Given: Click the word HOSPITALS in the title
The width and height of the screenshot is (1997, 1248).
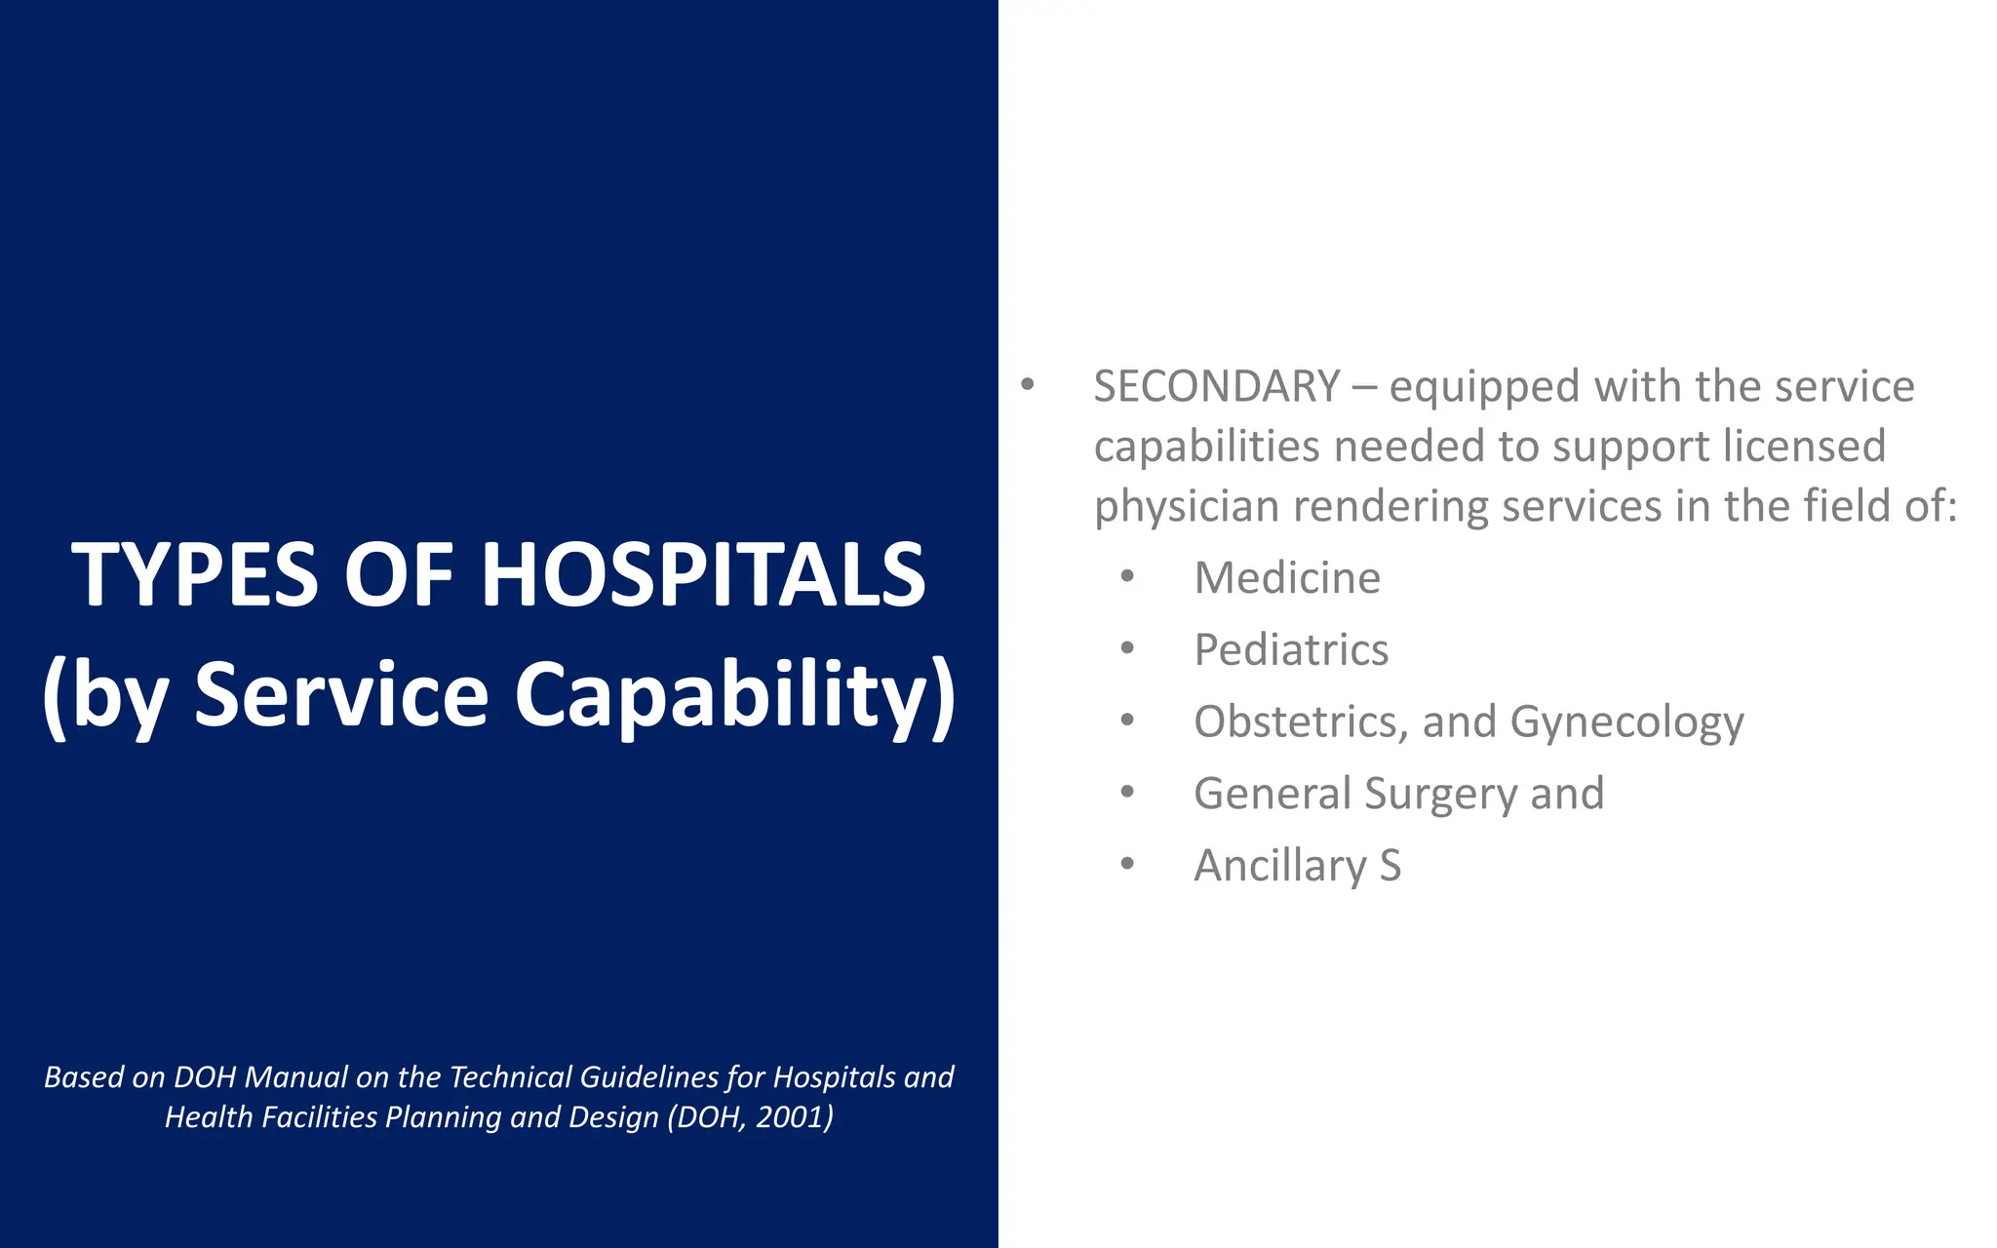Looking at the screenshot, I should pyautogui.click(x=703, y=575).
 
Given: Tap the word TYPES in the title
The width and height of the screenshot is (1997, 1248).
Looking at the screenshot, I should pyautogui.click(x=195, y=575).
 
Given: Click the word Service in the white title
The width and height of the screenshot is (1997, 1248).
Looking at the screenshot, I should pyautogui.click(x=341, y=694).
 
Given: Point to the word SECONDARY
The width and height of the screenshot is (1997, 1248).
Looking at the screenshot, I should pyautogui.click(x=1216, y=387).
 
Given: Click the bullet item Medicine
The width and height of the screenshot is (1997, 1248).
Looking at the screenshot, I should pyautogui.click(x=1287, y=578).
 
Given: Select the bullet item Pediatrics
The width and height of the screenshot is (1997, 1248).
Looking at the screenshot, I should pyautogui.click(x=1291, y=650).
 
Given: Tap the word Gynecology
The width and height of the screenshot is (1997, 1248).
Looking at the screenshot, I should pyautogui.click(x=1626, y=723).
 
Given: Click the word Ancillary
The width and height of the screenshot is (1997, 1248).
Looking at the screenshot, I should pyautogui.click(x=1280, y=866).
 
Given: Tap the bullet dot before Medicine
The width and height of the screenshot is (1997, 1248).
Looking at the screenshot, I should pyautogui.click(x=1127, y=576).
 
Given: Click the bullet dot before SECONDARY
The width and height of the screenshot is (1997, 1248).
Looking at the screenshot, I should pyautogui.click(x=1027, y=384).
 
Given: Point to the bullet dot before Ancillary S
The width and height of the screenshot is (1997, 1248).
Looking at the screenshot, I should pyautogui.click(x=1127, y=864).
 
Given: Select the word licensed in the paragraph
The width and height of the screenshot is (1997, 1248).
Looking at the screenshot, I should pyautogui.click(x=1803, y=447).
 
